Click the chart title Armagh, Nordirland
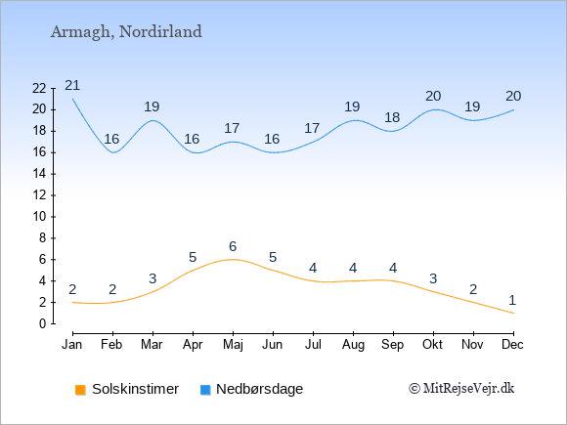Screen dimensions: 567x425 point(126,32)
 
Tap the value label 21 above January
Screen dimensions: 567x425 point(72,85)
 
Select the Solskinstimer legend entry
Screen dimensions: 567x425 point(127,389)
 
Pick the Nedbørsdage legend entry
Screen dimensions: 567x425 point(251,389)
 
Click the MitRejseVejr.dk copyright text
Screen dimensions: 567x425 point(461,388)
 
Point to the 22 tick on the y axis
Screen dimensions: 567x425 point(39,88)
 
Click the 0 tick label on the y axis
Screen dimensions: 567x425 point(43,323)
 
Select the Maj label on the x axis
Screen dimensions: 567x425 point(233,345)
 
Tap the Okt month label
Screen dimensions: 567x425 point(432,345)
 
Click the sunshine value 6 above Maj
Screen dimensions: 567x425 point(233,246)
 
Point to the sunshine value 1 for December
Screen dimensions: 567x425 point(512,300)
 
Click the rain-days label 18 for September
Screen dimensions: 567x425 point(392,117)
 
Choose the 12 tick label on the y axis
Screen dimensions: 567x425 point(39,195)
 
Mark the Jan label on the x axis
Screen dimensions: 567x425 point(72,345)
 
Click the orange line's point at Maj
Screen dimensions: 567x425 point(233,260)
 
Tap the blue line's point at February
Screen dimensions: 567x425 point(112,152)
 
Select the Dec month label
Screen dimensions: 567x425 point(512,345)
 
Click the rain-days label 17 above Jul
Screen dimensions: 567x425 point(312,128)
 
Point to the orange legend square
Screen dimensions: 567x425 point(80,390)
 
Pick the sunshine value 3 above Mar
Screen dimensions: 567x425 point(153,278)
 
